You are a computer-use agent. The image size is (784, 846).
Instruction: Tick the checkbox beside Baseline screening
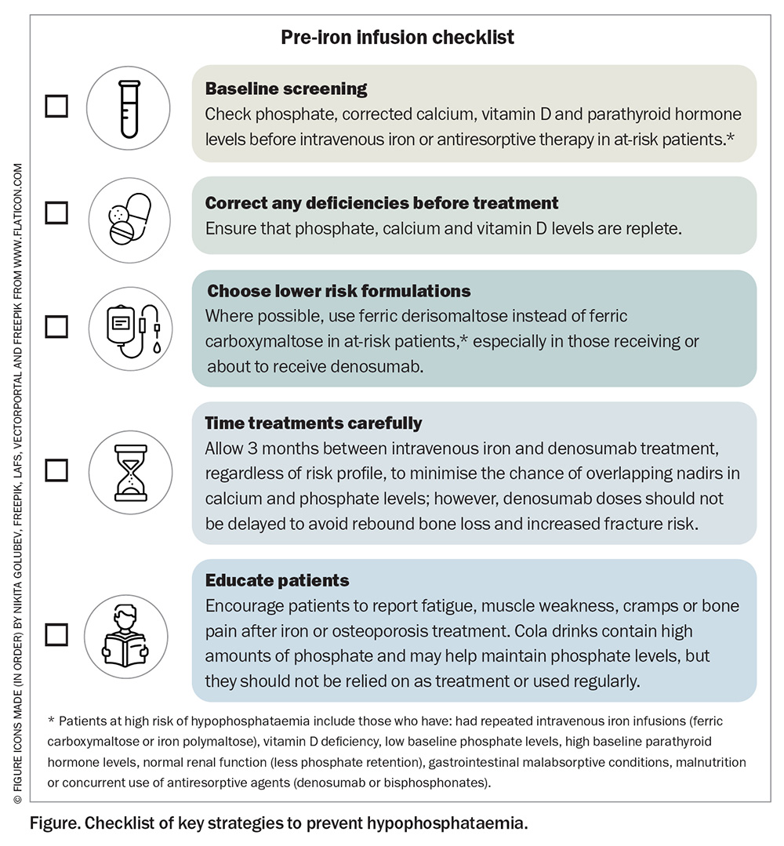[56, 107]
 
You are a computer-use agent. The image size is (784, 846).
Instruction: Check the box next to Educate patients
[56, 634]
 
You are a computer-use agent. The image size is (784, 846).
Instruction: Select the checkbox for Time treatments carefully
[56, 470]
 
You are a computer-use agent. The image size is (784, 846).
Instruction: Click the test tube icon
[129, 108]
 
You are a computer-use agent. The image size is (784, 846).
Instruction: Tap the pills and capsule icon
[129, 219]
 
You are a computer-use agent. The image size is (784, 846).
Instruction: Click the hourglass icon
[131, 473]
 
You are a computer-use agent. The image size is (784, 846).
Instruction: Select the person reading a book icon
[125, 636]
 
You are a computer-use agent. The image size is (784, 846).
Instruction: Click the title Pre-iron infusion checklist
[397, 37]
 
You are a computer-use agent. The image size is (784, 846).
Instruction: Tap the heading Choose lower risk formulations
[339, 291]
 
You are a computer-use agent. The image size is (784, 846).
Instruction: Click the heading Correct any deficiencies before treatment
[382, 203]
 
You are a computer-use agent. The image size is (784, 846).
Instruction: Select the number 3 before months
[252, 448]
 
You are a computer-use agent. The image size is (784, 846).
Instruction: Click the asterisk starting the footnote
[51, 721]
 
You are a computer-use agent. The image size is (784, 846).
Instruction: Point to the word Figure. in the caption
[55, 822]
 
